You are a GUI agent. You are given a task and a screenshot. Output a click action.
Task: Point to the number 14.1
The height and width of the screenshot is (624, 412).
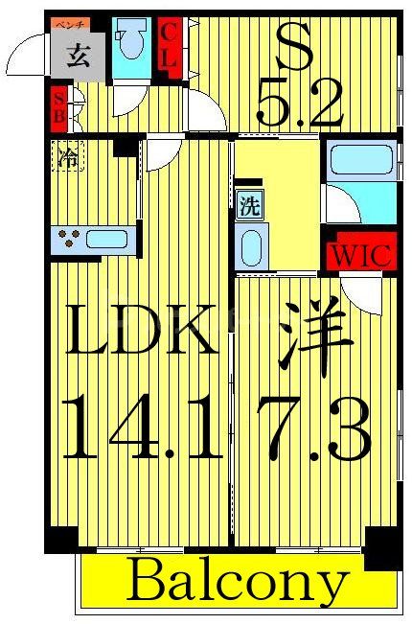tap(141, 430)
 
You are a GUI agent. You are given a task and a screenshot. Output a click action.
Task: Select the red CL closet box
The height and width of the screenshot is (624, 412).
tap(169, 44)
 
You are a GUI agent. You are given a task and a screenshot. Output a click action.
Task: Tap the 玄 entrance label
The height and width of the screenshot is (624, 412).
tap(80, 56)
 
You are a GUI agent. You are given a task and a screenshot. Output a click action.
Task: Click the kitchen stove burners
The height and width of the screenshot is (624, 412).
tap(67, 239)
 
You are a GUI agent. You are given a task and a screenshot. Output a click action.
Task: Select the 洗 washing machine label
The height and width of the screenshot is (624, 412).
tap(248, 204)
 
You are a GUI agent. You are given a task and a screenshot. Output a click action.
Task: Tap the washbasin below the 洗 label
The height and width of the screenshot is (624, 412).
tap(249, 246)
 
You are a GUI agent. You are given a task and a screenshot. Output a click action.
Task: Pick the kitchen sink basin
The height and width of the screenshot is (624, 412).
tap(106, 239)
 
